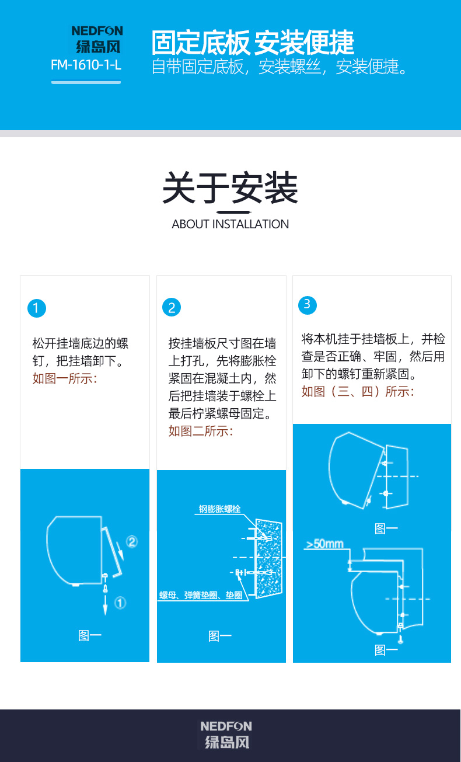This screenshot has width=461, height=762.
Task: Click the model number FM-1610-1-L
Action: click(86, 65)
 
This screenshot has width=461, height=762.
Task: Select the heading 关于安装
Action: click(230, 187)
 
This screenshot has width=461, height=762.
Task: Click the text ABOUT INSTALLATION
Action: click(230, 224)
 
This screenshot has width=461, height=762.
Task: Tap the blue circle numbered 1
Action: click(37, 308)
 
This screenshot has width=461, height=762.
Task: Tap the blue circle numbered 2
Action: click(172, 308)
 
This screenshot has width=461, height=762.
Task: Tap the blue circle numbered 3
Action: click(308, 305)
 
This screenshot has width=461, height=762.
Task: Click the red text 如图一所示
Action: click(65, 378)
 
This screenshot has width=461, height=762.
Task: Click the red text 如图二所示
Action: click(201, 431)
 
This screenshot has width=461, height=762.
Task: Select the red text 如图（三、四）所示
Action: click(358, 392)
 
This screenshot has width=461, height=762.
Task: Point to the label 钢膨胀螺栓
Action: click(219, 509)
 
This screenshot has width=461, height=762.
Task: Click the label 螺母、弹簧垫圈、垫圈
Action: click(201, 595)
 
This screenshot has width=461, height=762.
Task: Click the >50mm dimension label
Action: click(324, 544)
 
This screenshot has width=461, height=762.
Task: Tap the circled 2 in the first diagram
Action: click(132, 541)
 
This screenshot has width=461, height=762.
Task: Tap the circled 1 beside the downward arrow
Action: click(120, 603)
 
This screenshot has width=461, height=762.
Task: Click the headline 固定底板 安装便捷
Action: click(253, 43)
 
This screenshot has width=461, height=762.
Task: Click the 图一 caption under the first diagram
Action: click(90, 635)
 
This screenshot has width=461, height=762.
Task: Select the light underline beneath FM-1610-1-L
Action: click(86, 82)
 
